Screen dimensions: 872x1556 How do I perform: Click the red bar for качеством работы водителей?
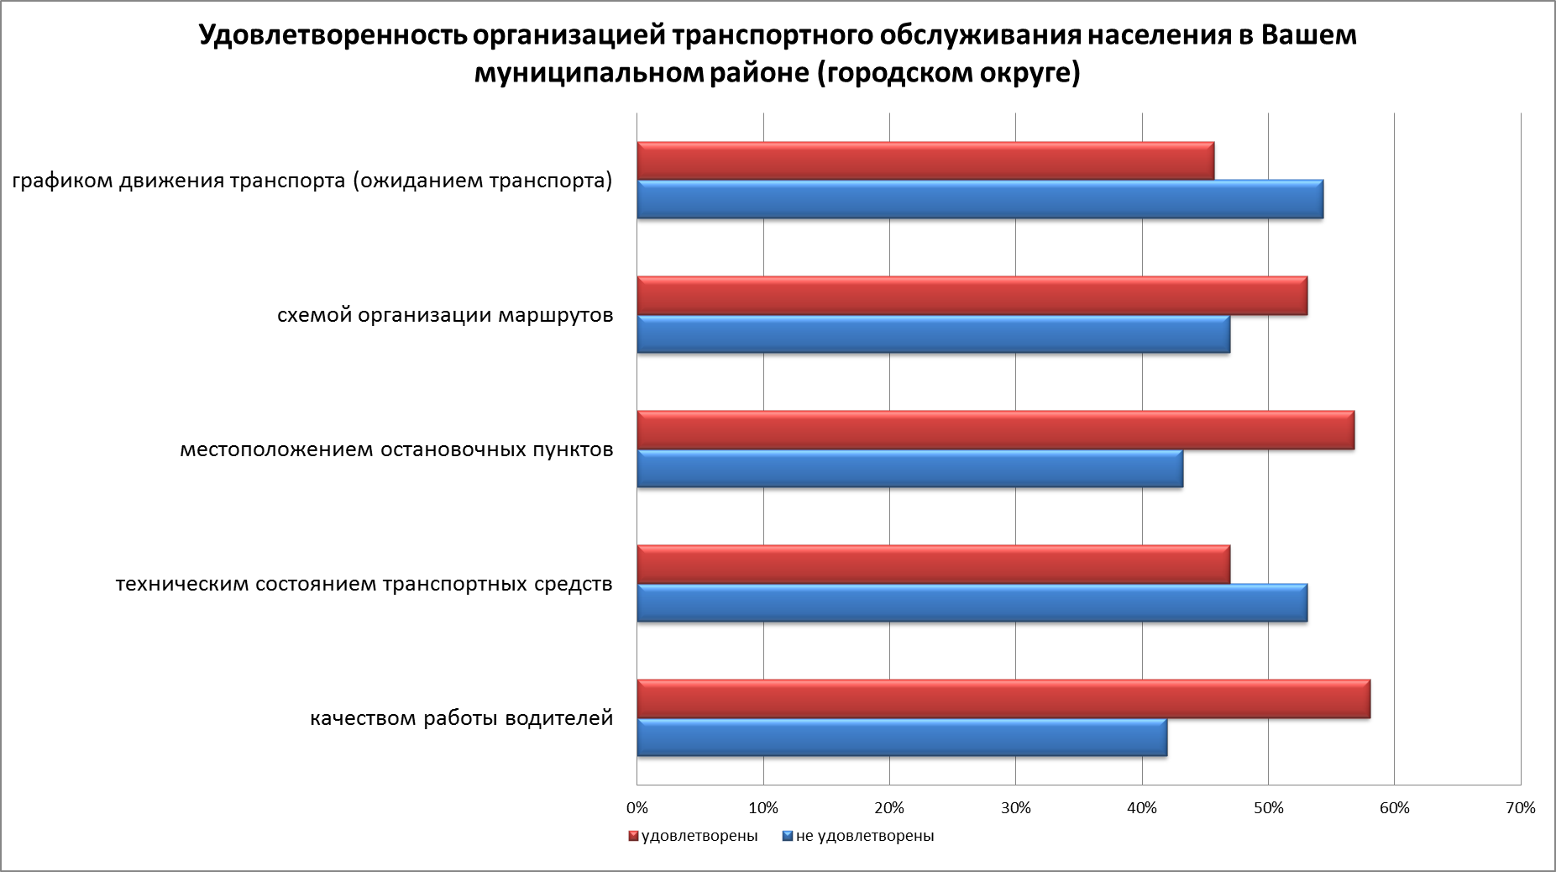pyautogui.click(x=1003, y=699)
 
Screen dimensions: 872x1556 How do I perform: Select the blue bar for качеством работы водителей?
pyautogui.click(x=902, y=738)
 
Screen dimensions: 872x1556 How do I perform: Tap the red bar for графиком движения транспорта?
pyautogui.click(x=925, y=161)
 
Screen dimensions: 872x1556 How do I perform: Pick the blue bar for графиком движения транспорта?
pyautogui.click(x=980, y=199)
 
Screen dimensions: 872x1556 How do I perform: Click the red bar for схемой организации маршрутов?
pyautogui.click(x=972, y=296)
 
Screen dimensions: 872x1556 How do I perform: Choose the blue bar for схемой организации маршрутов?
pyautogui.click(x=933, y=334)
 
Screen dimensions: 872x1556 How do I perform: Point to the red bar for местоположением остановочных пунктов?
pyautogui.click(x=995, y=430)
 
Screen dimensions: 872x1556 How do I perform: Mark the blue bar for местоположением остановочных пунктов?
pyautogui.click(x=909, y=468)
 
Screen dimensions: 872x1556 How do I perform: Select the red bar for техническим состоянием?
pyautogui.click(x=933, y=565)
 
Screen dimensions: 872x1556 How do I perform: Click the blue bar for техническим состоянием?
pyautogui.click(x=972, y=602)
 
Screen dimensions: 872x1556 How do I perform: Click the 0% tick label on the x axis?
pyautogui.click(x=637, y=808)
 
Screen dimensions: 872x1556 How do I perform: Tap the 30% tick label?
pyautogui.click(x=1015, y=808)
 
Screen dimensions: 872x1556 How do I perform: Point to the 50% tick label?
pyautogui.click(x=1268, y=808)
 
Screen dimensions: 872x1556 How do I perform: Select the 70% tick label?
pyautogui.click(x=1521, y=808)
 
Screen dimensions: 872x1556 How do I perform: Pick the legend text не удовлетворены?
pyautogui.click(x=864, y=837)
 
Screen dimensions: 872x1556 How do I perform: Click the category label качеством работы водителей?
pyautogui.click(x=461, y=719)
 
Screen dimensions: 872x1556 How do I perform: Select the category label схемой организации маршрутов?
pyautogui.click(x=445, y=316)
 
